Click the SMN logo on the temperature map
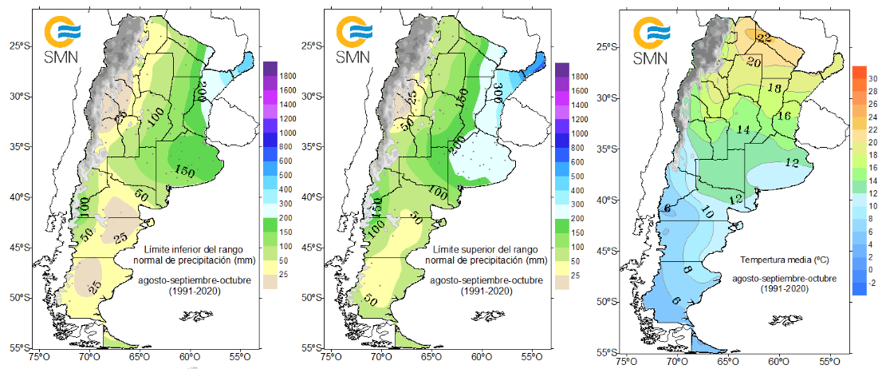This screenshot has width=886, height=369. (x=651, y=41)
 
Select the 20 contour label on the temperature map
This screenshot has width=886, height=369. (x=753, y=61)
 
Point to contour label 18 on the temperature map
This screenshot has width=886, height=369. (x=774, y=88)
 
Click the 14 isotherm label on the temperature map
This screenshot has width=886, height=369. (x=743, y=129)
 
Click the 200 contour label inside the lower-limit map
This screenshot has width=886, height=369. (x=200, y=90)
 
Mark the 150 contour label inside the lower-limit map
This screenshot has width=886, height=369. (x=185, y=170)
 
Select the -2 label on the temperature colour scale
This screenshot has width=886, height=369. (x=871, y=281)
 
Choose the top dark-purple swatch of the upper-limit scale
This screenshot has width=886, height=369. (x=561, y=69)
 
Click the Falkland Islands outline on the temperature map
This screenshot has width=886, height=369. (x=786, y=319)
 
